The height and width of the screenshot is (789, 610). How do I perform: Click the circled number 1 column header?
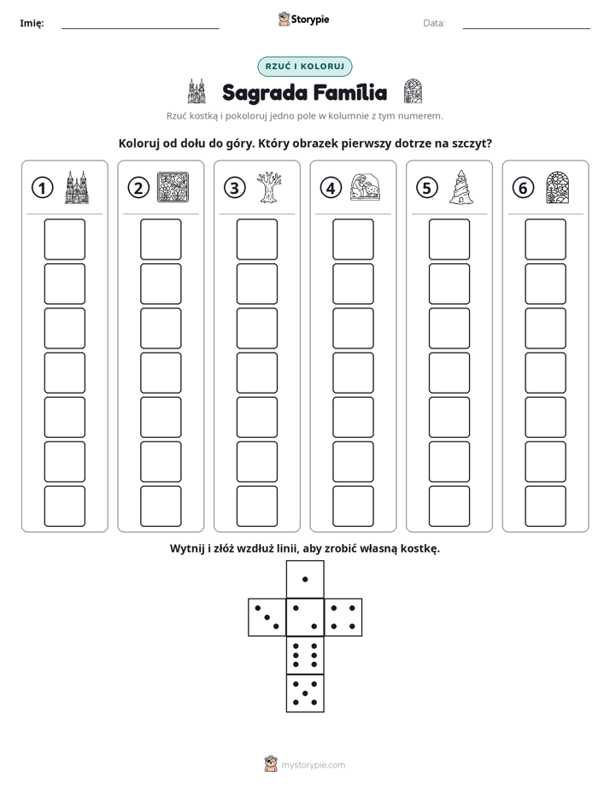(42, 188)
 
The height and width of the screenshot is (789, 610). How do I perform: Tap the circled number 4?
(331, 188)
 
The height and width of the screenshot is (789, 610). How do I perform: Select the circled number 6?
(523, 188)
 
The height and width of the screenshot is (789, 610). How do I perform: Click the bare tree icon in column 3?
(269, 187)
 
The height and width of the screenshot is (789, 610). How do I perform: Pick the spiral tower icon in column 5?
(461, 187)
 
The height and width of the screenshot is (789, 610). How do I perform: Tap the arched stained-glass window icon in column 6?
(558, 187)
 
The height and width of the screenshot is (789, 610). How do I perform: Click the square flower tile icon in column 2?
(173, 187)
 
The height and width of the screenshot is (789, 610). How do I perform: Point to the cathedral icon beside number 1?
(77, 187)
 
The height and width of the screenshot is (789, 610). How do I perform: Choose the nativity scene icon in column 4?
(366, 187)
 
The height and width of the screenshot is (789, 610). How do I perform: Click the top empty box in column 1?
(65, 239)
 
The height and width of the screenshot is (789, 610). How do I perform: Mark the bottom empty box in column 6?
(546, 506)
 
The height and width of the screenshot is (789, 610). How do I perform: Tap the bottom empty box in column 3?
(257, 506)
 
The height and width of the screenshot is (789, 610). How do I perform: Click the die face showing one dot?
(305, 579)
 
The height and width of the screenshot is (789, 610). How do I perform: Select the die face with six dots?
(305, 655)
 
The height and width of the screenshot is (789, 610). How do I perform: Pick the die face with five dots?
(305, 693)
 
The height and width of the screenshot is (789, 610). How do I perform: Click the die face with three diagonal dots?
(267, 617)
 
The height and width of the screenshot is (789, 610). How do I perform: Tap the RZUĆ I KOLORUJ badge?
(305, 67)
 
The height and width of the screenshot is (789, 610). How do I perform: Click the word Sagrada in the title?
(265, 93)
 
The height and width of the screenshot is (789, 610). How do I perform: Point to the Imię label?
(32, 23)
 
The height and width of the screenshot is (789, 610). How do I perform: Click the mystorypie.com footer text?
(313, 765)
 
